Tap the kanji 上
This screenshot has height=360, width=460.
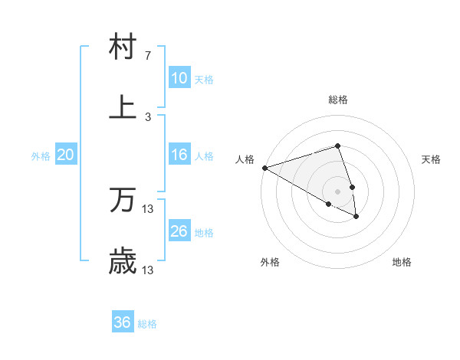(123, 106)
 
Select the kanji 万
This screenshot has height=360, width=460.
(123, 201)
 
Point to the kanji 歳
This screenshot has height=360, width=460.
(123, 262)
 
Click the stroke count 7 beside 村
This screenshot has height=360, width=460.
(147, 56)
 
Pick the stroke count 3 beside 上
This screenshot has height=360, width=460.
(147, 116)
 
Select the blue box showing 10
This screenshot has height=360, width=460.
(179, 78)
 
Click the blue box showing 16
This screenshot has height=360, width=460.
(179, 155)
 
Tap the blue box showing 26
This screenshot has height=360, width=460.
(179, 231)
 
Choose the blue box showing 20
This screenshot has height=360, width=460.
(66, 155)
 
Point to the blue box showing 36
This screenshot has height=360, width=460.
(123, 322)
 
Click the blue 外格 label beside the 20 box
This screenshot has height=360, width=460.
(41, 156)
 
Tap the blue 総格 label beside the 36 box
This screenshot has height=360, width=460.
(147, 324)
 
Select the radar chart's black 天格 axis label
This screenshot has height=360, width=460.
(432, 159)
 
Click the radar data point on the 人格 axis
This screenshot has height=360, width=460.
(264, 168)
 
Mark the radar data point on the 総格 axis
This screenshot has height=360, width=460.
(337, 146)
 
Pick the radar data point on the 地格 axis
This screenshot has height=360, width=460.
(356, 217)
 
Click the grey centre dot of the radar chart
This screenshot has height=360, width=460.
(337, 190)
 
